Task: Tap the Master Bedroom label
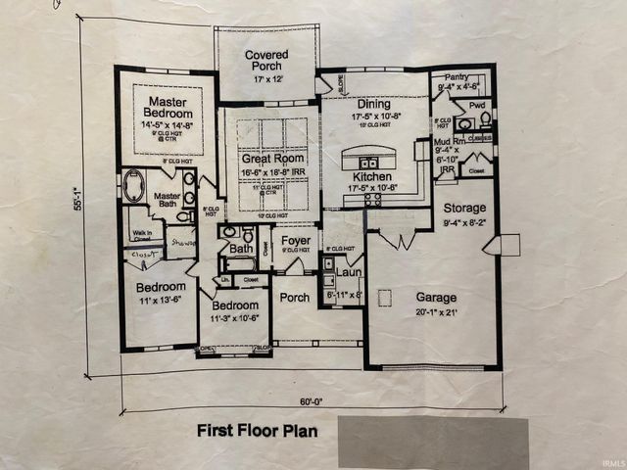pyautogui.click(x=167, y=108)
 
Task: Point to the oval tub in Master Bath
pyautogui.click(x=133, y=185)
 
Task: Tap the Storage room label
pyautogui.click(x=464, y=209)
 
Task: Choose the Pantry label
pyautogui.click(x=456, y=76)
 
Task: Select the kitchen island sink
pyautogui.click(x=368, y=163)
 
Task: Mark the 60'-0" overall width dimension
pyautogui.click(x=311, y=401)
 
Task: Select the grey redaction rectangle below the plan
pyautogui.click(x=433, y=443)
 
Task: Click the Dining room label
pyautogui.click(x=372, y=104)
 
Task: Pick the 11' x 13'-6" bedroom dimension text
pyautogui.click(x=161, y=301)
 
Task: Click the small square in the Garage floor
pyautogui.click(x=385, y=297)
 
